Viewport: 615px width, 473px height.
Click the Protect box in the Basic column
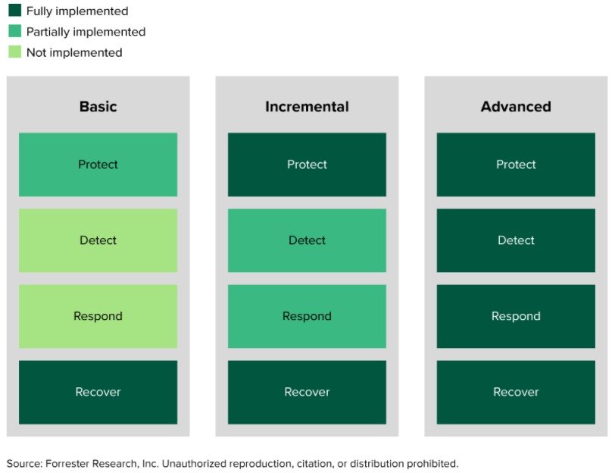tap(98, 164)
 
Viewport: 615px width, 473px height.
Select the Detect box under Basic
tap(98, 240)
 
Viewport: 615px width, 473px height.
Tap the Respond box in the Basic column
tap(98, 316)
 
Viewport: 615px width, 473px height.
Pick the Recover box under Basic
tap(98, 392)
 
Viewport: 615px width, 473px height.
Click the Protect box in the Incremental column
tap(307, 164)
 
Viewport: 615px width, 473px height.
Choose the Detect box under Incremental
tap(307, 240)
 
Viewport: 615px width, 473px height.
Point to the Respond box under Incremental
tap(307, 316)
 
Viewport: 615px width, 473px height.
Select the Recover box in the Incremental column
tap(307, 392)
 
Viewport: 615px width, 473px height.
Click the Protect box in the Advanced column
tap(517, 164)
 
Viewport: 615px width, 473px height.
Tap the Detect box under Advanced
tap(517, 240)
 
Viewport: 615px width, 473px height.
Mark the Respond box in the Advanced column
tap(517, 316)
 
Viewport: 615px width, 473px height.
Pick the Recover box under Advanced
tap(517, 392)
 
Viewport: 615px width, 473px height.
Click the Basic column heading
tap(98, 106)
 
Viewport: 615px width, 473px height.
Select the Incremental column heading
tap(307, 106)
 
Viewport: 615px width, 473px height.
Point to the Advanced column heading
tap(517, 106)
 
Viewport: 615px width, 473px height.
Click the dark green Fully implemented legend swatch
tap(15, 10)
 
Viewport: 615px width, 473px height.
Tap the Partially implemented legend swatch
tap(15, 31)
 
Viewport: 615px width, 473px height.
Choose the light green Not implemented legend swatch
tap(15, 52)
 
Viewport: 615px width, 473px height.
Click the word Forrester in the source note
tap(67, 464)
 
